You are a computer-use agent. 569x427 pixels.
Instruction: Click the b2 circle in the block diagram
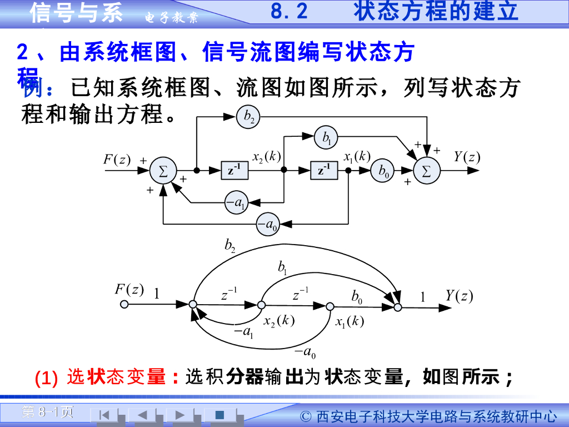point(248,116)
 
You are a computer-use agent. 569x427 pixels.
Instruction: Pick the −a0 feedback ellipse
point(268,224)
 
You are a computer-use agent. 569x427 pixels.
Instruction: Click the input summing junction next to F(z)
point(163,171)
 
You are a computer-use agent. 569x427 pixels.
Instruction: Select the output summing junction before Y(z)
point(427,171)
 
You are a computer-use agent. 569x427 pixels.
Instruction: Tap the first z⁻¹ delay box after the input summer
point(234,171)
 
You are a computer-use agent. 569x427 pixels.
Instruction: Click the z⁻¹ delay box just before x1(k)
point(324,171)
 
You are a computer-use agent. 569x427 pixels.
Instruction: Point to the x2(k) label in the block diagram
point(266,157)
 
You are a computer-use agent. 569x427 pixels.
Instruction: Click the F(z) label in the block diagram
point(117,159)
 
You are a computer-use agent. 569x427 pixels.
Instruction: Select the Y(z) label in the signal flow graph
point(459,295)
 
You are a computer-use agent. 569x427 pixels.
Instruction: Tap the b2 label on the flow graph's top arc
point(230,245)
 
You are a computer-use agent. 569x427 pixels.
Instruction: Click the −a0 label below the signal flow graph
point(305,351)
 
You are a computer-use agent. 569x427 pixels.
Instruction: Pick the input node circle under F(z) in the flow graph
point(124,305)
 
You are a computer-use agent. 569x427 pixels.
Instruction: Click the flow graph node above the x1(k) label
point(330,306)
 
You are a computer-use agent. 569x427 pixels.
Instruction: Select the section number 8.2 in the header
point(290,12)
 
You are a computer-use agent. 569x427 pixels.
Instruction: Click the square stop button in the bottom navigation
point(219,414)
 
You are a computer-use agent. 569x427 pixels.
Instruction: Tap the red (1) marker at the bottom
point(46,379)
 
